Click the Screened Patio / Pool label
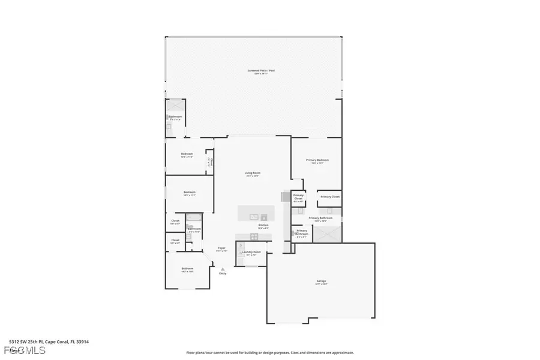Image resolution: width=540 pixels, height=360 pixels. click(260, 71)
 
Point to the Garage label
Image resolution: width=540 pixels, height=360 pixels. click(321, 281)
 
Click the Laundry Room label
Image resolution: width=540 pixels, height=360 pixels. click(251, 253)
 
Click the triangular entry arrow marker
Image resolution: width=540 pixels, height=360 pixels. click(223, 269)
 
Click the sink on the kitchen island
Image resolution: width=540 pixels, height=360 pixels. click(256, 214)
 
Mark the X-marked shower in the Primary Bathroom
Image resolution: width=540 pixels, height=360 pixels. click(329, 233)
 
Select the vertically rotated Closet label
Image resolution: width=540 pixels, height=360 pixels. click(211, 161)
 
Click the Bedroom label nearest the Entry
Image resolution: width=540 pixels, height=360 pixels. click(187, 269)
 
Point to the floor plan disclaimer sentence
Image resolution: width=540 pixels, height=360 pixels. click(270, 353)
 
